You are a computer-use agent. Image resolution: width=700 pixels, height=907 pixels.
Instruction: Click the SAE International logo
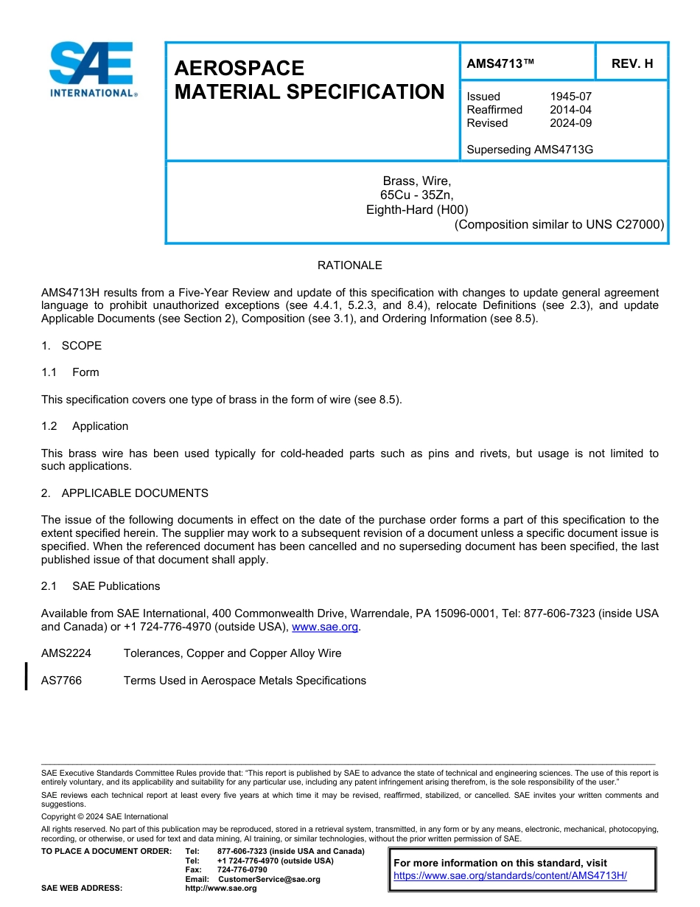tap(92, 69)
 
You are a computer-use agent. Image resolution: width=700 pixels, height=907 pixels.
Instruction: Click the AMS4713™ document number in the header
tap(500, 63)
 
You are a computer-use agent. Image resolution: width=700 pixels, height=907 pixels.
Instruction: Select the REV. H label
tap(632, 63)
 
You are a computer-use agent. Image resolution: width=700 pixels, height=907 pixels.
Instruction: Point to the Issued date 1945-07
tap(570, 97)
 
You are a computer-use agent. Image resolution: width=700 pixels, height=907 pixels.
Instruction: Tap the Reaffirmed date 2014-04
tap(570, 110)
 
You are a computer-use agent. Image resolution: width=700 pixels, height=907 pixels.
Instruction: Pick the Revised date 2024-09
tap(570, 123)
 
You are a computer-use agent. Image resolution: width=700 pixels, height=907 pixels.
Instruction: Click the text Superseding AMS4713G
tap(530, 150)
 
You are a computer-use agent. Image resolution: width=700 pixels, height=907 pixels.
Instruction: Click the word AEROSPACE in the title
tap(239, 69)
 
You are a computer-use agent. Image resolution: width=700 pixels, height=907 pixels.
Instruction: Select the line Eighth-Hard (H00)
tap(417, 210)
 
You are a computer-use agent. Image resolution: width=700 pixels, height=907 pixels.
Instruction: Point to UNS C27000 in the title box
tap(625, 225)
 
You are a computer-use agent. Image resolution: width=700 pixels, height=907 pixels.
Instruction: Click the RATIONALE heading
tap(349, 265)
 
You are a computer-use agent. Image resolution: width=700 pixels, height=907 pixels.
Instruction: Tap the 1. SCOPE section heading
tap(71, 346)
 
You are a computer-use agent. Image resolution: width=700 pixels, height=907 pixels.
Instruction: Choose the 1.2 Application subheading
tap(85, 426)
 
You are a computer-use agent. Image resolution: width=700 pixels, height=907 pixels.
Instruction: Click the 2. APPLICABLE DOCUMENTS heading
tap(125, 493)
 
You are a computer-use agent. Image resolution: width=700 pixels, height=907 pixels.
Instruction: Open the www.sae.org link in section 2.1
tap(325, 627)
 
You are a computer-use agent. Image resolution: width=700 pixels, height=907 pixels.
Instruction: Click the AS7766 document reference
tap(61, 681)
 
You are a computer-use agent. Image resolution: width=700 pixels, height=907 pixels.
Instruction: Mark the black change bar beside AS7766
tap(27, 676)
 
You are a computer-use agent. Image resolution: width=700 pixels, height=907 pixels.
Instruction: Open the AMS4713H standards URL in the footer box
tap(510, 876)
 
